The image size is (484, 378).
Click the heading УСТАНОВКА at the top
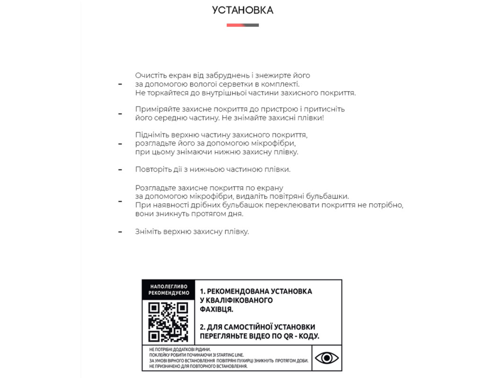click(242, 10)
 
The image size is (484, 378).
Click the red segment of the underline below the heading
click(235, 25)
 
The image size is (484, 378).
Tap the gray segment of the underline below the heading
click(251, 25)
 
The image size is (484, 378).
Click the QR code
click(168, 322)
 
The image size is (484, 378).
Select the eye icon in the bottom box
click(326, 358)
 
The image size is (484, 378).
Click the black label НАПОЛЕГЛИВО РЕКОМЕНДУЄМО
click(168, 290)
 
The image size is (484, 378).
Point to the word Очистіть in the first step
click(150, 76)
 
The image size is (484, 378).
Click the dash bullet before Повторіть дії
click(120, 169)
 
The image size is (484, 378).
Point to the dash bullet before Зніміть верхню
click(120, 232)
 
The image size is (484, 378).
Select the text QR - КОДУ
click(302, 336)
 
